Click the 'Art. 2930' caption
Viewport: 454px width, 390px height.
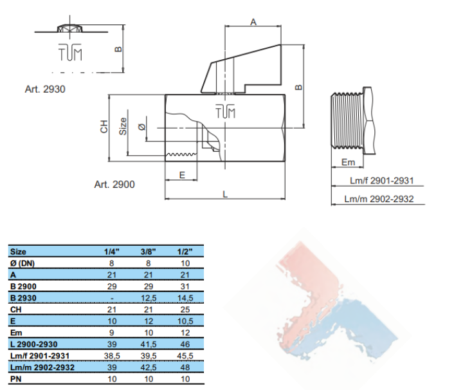pyautogui.click(x=45, y=89)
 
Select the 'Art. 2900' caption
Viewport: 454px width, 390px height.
pyautogui.click(x=114, y=185)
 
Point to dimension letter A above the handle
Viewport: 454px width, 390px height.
pyautogui.click(x=253, y=22)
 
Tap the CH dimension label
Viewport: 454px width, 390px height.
pyautogui.click(x=104, y=127)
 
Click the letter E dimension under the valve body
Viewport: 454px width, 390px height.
pyautogui.click(x=182, y=175)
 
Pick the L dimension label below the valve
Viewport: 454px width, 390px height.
pyautogui.click(x=225, y=194)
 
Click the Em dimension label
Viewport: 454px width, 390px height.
pyautogui.click(x=348, y=162)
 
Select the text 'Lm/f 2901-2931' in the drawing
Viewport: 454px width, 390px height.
pyautogui.click(x=381, y=180)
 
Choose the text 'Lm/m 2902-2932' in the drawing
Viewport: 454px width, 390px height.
pyautogui.click(x=379, y=199)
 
